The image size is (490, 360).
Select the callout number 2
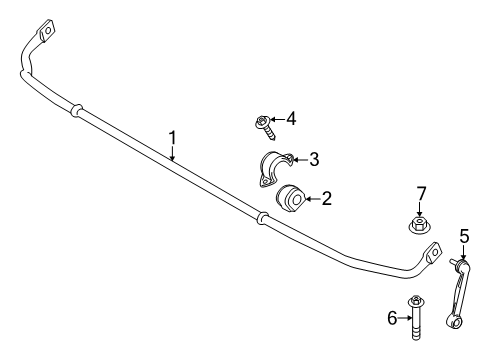[x=326, y=199]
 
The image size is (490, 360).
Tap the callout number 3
[x=314, y=158]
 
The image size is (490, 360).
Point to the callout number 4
[x=290, y=119]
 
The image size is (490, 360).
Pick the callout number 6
[x=392, y=317]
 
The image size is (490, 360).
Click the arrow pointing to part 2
[x=312, y=199]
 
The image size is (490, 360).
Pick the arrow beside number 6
[x=404, y=317]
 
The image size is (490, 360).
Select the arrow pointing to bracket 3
[x=298, y=158]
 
